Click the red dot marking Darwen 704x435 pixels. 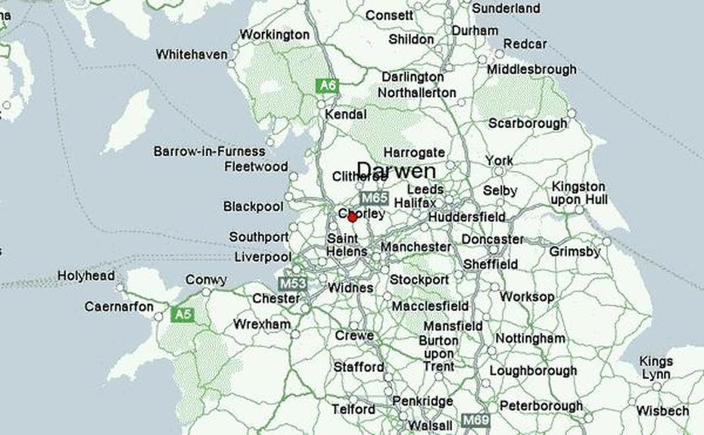pyautogui.click(x=352, y=217)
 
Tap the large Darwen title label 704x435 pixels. pyautogui.click(x=396, y=171)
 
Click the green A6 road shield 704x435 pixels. pyautogui.click(x=326, y=85)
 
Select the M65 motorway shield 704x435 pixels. pyautogui.click(x=374, y=198)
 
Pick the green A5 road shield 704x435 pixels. pyautogui.click(x=182, y=313)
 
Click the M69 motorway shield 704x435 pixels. pyautogui.click(x=476, y=420)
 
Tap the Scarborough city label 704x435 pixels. pyautogui.click(x=528, y=123)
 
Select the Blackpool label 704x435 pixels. pyautogui.click(x=253, y=207)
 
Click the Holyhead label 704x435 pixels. pyautogui.click(x=86, y=276)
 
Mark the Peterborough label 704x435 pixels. pyautogui.click(x=541, y=406)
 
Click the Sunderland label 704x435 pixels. pyautogui.click(x=506, y=8)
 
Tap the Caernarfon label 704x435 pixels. pyautogui.click(x=119, y=307)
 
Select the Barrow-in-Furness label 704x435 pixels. pyautogui.click(x=210, y=151)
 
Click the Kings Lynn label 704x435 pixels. pyautogui.click(x=656, y=368)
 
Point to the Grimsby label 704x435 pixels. pyautogui.click(x=575, y=251)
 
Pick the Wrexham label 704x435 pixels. pyautogui.click(x=262, y=325)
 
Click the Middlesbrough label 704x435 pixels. pyautogui.click(x=531, y=69)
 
